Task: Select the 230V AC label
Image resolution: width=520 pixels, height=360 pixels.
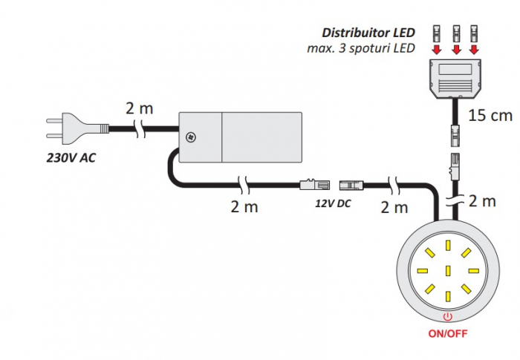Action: click(x=70, y=157)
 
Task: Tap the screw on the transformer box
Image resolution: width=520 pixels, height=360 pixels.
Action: click(x=191, y=137)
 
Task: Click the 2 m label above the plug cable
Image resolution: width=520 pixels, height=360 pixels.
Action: click(x=139, y=108)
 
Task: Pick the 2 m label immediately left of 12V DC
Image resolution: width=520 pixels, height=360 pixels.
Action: click(x=244, y=206)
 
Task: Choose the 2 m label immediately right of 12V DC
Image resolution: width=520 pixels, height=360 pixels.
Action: click(x=394, y=207)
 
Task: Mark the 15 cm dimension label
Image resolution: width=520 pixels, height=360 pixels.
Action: click(x=491, y=115)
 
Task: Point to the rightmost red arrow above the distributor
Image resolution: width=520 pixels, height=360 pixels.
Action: click(x=473, y=50)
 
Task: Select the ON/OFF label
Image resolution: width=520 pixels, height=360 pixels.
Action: click(x=447, y=333)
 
